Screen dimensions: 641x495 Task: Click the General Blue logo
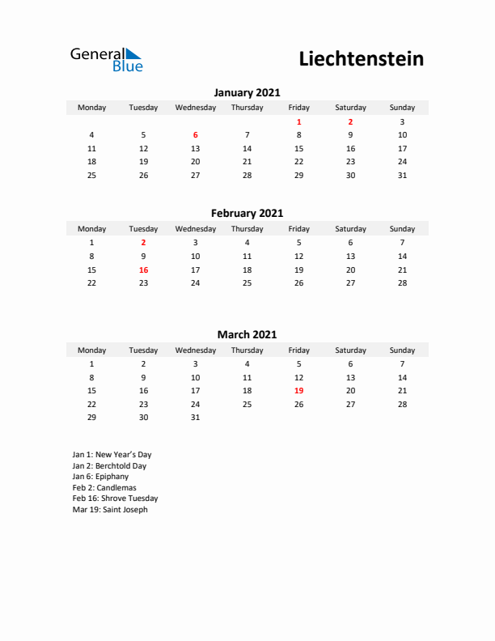coord(106,59)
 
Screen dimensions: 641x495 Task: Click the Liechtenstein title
coord(361,59)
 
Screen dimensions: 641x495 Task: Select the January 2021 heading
coord(247,92)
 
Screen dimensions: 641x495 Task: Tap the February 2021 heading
coord(247,214)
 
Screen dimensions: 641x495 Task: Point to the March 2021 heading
coord(247,334)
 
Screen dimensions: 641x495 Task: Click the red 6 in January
coord(195,135)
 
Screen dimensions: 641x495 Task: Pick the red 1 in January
coord(298,121)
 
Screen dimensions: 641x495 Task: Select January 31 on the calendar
coord(402,175)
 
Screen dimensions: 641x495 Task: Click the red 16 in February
coord(143,270)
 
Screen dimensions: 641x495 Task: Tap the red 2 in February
coord(143,243)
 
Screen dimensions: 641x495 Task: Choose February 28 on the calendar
coord(402,283)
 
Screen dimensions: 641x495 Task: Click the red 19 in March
coord(298,391)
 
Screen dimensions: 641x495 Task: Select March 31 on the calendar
coord(195,418)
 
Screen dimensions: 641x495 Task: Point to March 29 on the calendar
coord(91,418)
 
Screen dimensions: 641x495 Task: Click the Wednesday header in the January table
coord(195,108)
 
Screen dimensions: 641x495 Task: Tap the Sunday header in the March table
coord(402,350)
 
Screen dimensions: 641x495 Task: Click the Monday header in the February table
coord(91,229)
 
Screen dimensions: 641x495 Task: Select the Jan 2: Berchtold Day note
coord(109,466)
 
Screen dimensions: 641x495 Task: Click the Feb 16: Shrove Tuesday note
coord(115,499)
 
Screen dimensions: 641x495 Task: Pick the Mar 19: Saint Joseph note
coord(110,510)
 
